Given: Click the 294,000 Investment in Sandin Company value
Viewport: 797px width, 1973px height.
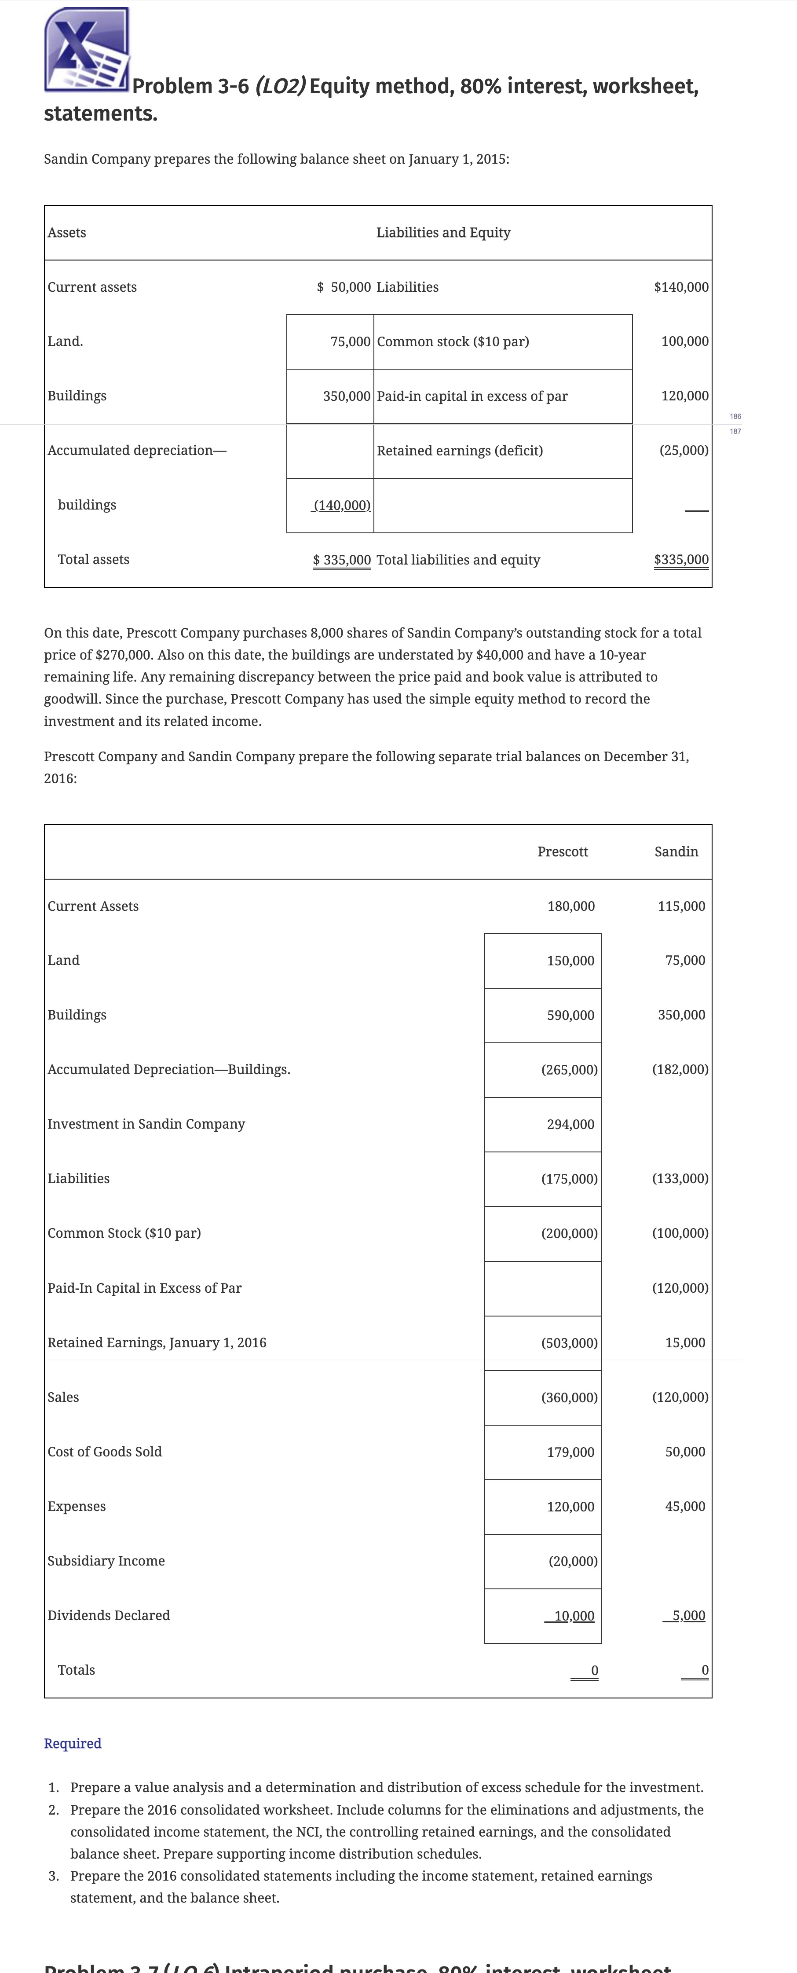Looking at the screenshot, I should click(570, 1124).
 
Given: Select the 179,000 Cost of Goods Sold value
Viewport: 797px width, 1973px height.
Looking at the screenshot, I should click(570, 1452).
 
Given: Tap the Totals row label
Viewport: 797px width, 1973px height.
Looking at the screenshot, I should click(77, 1670).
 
